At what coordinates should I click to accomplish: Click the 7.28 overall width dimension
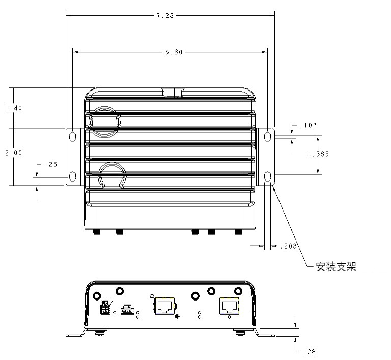[x=165, y=16]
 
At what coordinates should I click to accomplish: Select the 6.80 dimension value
[x=174, y=52]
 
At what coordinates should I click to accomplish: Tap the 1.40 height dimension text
[x=14, y=108]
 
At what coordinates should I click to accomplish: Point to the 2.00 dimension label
[x=14, y=153]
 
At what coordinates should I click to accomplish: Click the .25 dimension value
[x=51, y=165]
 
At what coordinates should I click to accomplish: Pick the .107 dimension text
[x=309, y=125]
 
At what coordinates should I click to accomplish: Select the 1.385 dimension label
[x=318, y=154]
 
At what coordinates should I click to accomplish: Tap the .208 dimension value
[x=289, y=246]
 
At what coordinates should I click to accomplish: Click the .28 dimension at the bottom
[x=310, y=352]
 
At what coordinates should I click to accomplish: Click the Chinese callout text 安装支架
[x=336, y=266]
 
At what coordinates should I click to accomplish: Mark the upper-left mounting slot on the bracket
[x=72, y=136]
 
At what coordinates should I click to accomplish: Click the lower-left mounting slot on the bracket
[x=72, y=176]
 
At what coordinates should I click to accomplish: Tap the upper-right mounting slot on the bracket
[x=267, y=136]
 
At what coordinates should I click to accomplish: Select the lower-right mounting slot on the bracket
[x=267, y=176]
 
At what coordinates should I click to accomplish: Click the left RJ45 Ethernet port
[x=164, y=306]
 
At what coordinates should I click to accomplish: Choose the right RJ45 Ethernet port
[x=229, y=306]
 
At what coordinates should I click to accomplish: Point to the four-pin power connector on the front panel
[x=105, y=308]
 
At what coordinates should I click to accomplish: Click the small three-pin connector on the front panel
[x=127, y=310]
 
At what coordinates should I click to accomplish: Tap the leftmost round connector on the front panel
[x=97, y=296]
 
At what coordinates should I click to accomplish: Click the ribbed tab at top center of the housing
[x=173, y=93]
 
